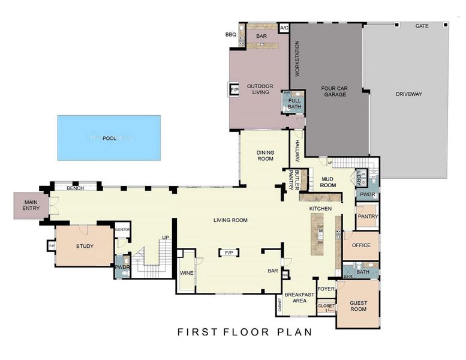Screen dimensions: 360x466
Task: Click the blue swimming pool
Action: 109,138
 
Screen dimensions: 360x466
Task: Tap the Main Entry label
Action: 31,205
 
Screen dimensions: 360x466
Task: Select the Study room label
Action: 85,246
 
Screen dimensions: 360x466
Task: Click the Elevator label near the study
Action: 122,229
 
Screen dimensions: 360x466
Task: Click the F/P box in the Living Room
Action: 229,253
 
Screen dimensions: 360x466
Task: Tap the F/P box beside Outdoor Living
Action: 234,91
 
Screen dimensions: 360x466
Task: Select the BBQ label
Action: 231,35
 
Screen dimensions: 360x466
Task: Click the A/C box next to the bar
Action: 284,28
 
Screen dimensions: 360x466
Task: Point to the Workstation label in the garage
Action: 296,59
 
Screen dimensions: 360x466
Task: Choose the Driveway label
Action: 409,94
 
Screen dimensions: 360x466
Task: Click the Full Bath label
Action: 294,104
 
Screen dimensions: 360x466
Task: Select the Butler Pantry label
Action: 293,180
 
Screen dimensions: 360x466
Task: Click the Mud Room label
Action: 327,182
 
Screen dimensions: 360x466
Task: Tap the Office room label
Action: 361,245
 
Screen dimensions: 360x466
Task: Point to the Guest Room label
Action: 358,307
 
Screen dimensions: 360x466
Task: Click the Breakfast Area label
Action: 299,298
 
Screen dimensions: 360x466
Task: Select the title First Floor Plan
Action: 244,332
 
